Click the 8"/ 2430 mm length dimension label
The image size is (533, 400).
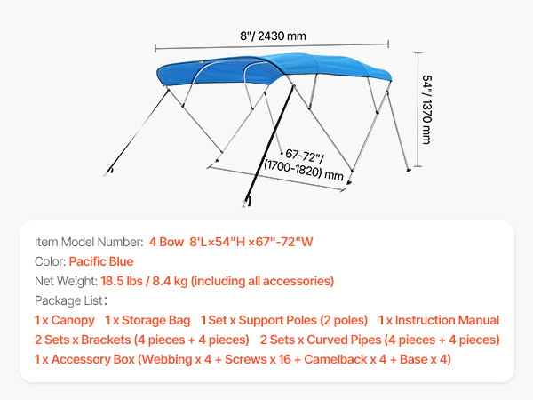coord(273,36)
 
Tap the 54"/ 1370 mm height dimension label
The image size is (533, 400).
coord(426,109)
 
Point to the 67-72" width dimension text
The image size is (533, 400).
coord(304,156)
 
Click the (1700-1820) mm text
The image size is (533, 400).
coord(304,170)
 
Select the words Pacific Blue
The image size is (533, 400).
coord(101,261)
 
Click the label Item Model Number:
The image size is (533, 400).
coord(89,242)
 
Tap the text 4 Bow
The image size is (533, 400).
coord(166,242)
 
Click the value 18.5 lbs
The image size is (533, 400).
coord(122,281)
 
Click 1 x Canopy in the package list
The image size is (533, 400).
coord(65,320)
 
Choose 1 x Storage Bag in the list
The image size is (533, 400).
coord(147,320)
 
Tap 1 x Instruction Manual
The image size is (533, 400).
coord(439,320)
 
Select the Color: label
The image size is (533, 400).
coord(51,261)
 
